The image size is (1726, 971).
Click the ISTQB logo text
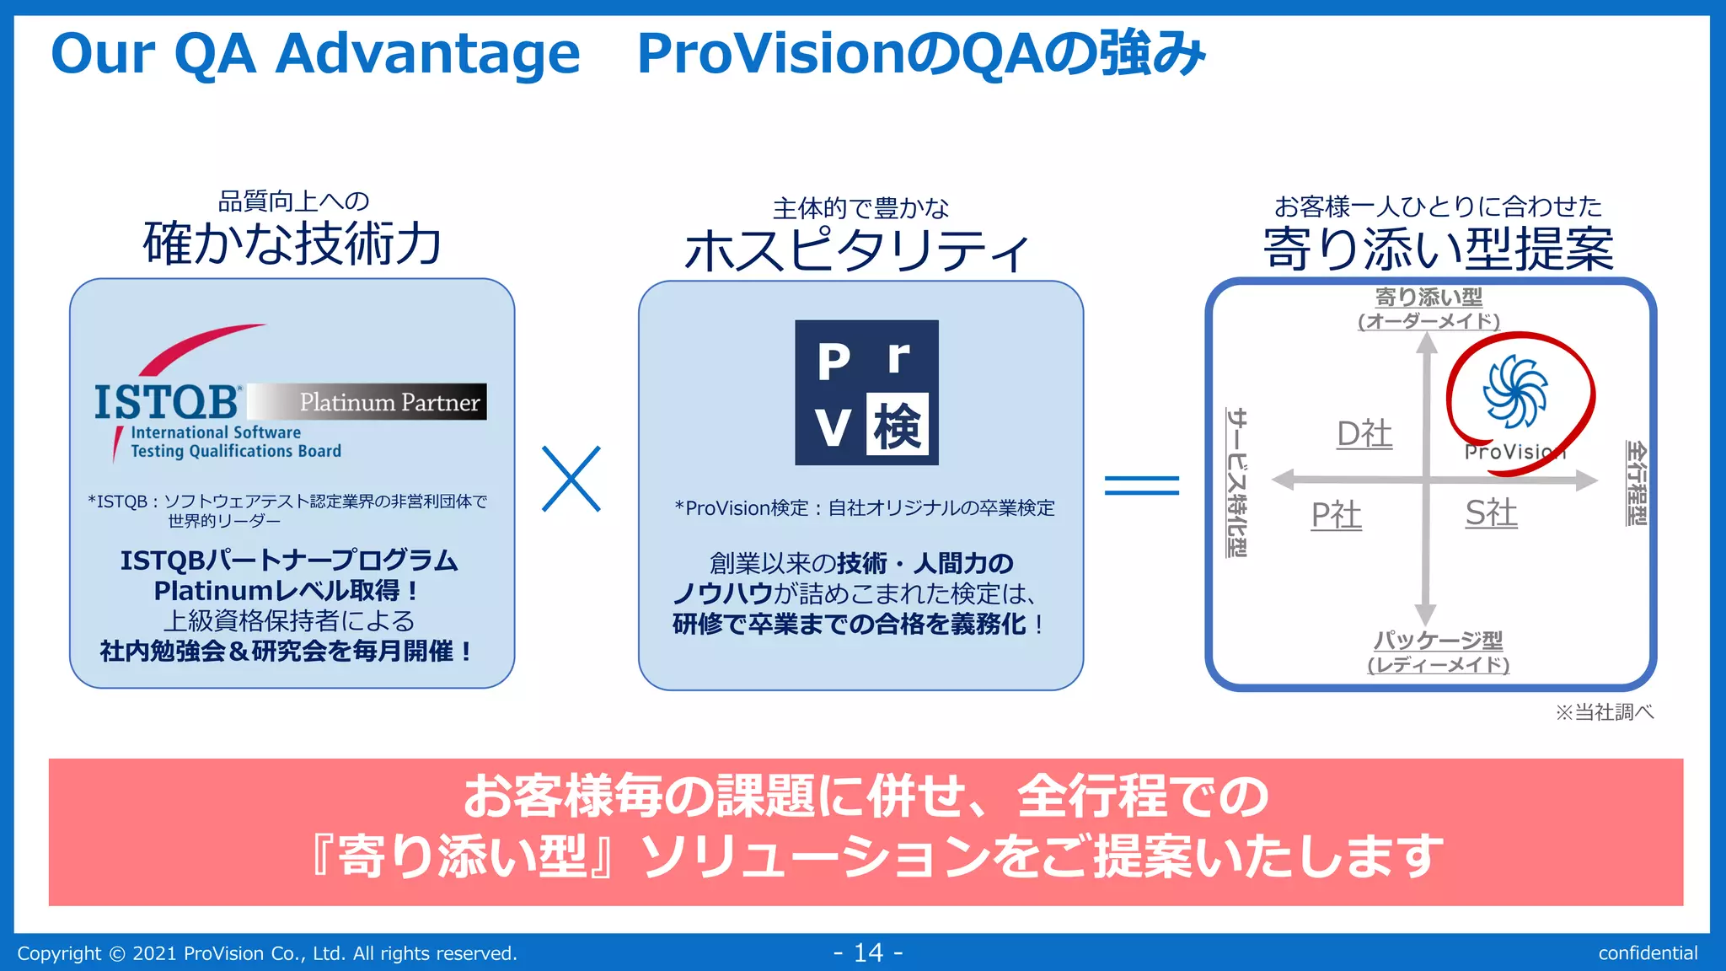[x=167, y=402]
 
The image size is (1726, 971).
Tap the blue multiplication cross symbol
[x=571, y=479]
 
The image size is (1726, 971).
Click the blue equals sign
[x=1142, y=485]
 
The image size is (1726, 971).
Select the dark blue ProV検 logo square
[x=866, y=392]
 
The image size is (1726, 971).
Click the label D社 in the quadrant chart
[x=1364, y=434]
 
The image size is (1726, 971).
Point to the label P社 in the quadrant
[x=1336, y=515]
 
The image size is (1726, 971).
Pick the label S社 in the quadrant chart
[x=1491, y=513]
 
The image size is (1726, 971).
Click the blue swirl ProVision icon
[x=1514, y=391]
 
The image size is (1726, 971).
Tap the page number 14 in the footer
[x=868, y=952]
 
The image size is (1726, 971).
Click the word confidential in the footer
[x=1648, y=953]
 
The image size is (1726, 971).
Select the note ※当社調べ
[x=1604, y=712]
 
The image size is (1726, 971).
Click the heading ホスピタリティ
[x=857, y=251]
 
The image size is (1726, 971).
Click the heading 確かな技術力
[x=292, y=244]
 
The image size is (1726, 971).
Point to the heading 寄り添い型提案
[x=1438, y=249]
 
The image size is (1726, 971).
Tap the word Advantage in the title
[x=428, y=54]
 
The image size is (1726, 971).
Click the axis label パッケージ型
[x=1438, y=641]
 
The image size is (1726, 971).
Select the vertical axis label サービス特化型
[x=1236, y=482]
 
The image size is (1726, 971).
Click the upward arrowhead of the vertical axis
[x=1426, y=342]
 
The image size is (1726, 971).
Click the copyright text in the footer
[x=267, y=953]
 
